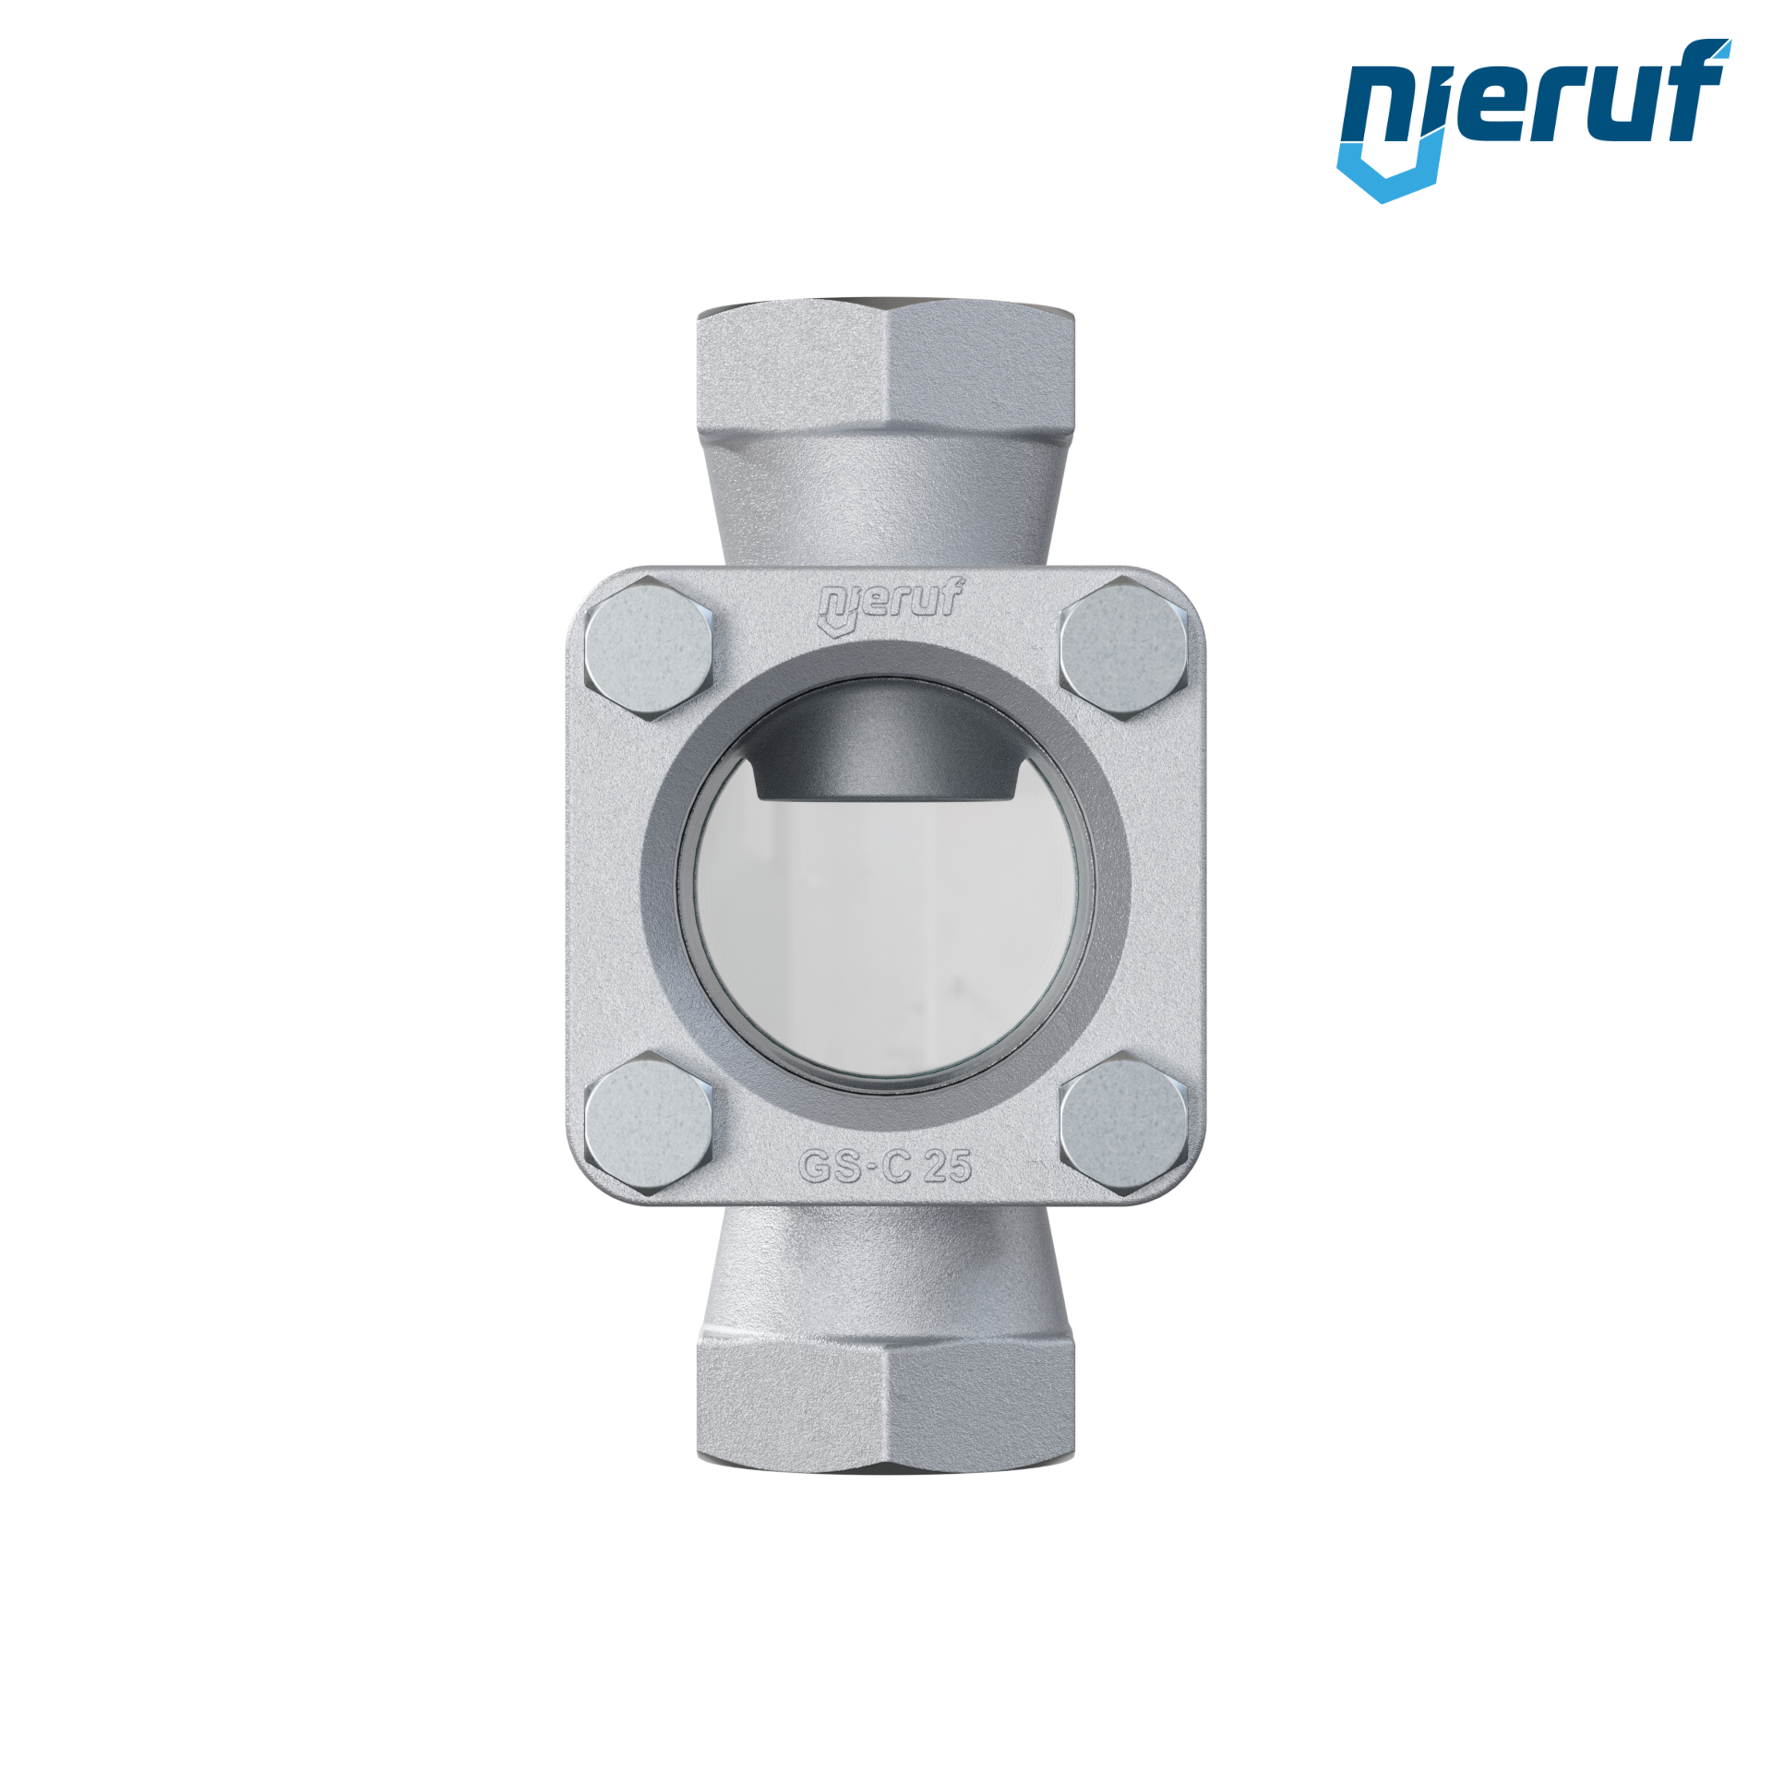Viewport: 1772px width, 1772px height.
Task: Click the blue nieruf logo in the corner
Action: click(1533, 120)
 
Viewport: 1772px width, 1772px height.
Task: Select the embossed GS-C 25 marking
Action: click(885, 1167)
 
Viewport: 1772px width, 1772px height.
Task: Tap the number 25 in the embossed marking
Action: click(948, 1167)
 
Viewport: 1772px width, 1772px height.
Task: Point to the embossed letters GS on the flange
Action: click(835, 1167)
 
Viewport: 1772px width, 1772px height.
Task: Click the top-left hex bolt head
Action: click(649, 647)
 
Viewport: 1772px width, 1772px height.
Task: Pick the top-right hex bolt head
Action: click(1123, 647)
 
